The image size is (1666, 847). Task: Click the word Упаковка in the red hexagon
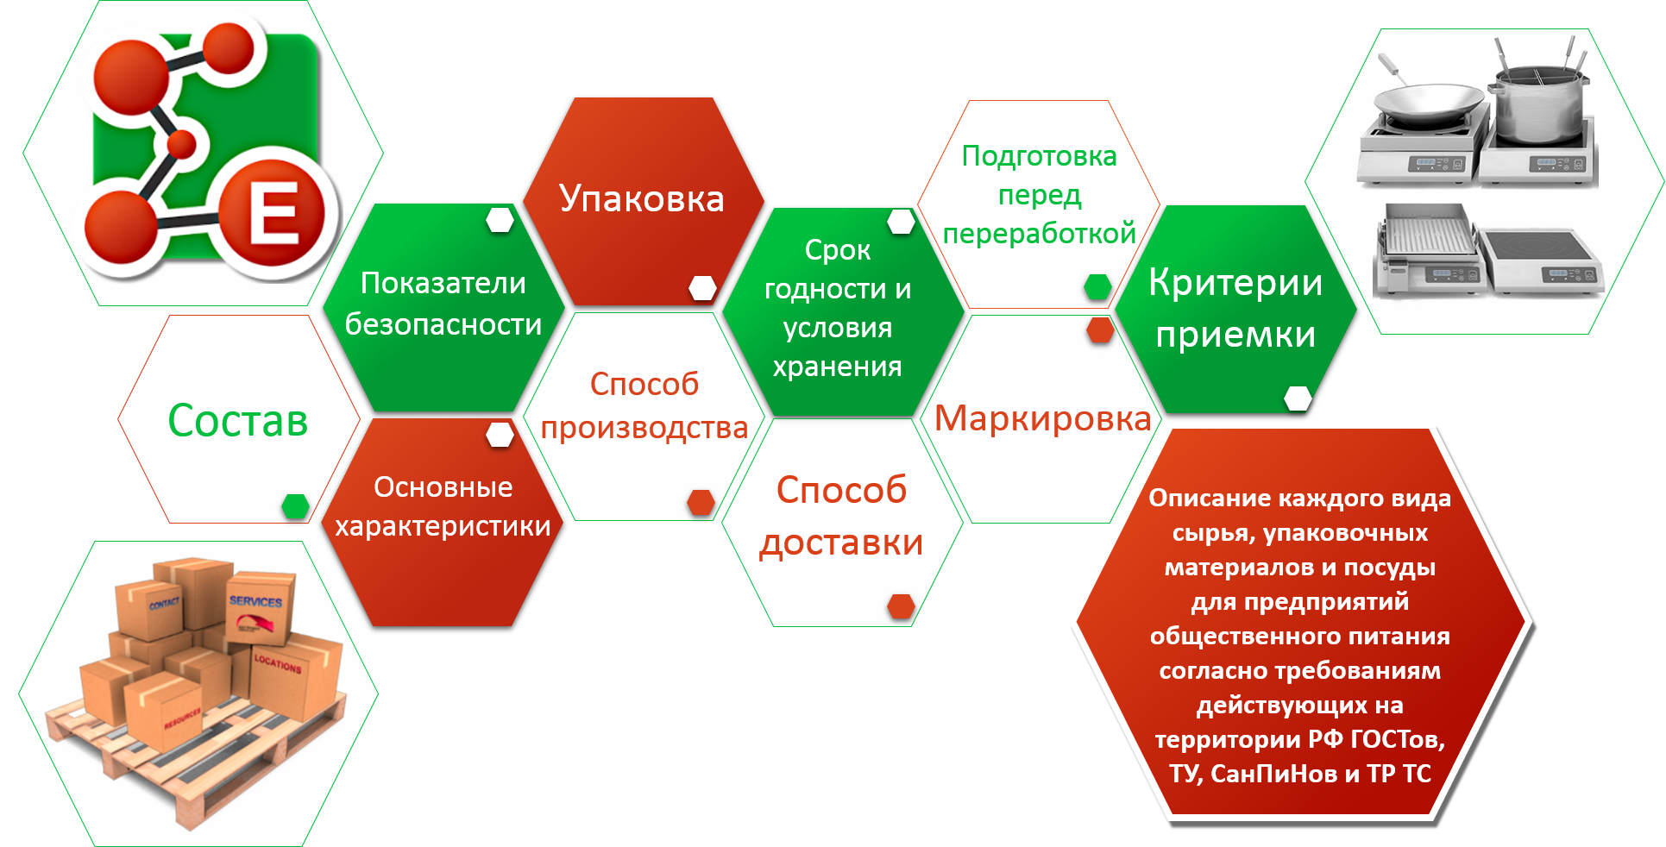[641, 198]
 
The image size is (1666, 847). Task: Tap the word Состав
[237, 421]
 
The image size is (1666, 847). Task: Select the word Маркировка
[1042, 418]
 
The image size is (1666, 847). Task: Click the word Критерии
[1235, 282]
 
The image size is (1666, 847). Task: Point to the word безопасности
[443, 324]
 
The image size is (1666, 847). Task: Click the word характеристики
[443, 525]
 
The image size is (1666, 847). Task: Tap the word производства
[644, 428]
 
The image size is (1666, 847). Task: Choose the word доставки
[841, 543]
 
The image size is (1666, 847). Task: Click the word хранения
[837, 367]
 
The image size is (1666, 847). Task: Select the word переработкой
[1039, 234]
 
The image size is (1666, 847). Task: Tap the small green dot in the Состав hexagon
[295, 507]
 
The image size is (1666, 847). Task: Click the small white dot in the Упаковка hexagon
[702, 288]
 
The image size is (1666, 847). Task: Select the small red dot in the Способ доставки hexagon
[900, 607]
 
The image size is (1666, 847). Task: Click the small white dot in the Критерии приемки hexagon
[1298, 398]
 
